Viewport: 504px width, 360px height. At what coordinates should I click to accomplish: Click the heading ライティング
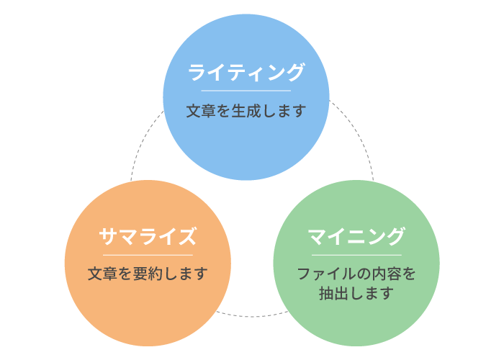point(246,72)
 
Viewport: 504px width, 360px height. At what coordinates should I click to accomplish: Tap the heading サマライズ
point(148,237)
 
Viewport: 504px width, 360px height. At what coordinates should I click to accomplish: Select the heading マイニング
point(356,237)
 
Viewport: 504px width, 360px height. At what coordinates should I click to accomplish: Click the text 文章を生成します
point(246,111)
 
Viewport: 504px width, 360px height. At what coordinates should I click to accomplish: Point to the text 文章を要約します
point(148,274)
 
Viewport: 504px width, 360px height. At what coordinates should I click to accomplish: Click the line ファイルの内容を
point(356,274)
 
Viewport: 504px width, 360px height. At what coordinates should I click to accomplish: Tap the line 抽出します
point(356,293)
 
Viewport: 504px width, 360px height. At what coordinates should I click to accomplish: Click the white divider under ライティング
point(246,91)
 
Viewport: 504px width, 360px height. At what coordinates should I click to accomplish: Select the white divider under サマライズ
point(148,255)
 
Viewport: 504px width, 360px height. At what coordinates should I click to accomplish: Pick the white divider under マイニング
point(356,255)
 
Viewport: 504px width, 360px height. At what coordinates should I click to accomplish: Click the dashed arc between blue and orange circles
point(142,141)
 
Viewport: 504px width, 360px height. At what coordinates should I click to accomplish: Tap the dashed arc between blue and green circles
point(358,135)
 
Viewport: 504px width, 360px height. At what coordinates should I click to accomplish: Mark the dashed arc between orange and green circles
point(252,317)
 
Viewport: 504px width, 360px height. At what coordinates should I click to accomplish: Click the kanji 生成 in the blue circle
point(246,111)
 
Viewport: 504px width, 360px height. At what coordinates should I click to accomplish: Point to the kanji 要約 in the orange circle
point(148,274)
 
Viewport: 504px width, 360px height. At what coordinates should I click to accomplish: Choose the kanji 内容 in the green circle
point(386,274)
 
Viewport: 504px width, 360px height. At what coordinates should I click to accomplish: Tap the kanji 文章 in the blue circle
point(201,111)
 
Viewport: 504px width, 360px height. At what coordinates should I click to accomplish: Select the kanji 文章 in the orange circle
point(102,274)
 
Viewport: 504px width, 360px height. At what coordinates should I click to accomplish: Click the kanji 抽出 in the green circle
point(333,293)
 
